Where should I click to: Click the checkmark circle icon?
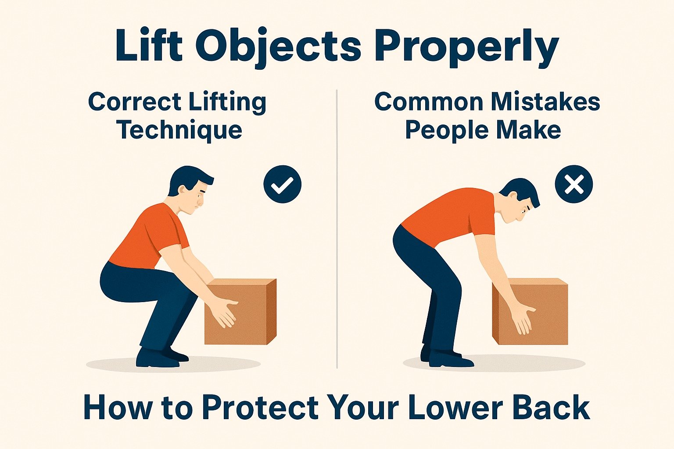(282, 184)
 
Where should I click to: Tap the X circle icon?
(574, 184)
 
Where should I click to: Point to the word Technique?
(179, 131)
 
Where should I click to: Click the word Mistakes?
(545, 102)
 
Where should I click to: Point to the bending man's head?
(520, 200)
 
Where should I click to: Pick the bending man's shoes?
(445, 357)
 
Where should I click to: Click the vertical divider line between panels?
(337, 228)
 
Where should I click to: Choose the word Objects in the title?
(278, 47)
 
